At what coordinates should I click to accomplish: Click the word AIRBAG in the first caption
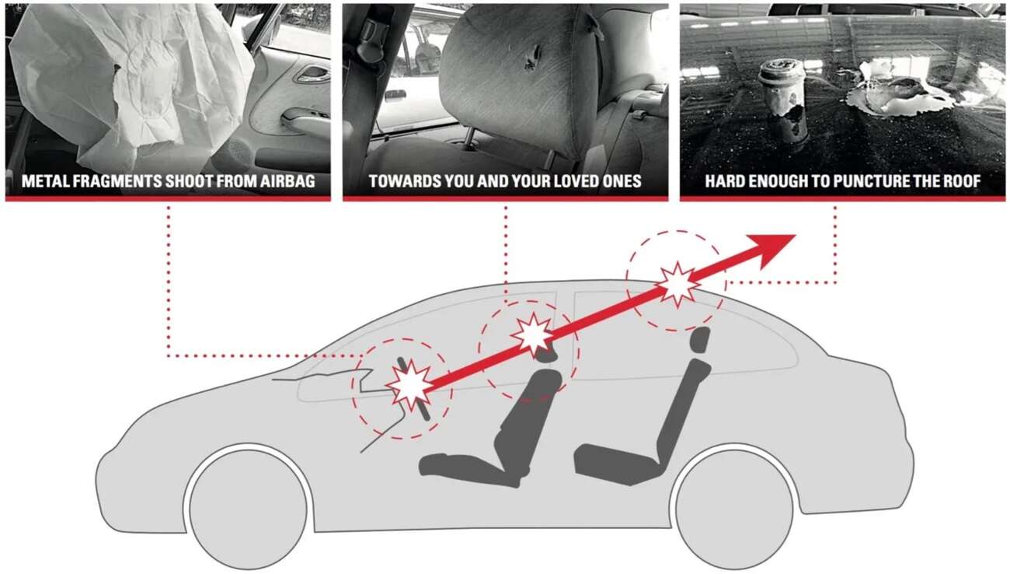click(x=287, y=181)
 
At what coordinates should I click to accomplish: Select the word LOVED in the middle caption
click(x=576, y=181)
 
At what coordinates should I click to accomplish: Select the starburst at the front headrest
click(x=534, y=334)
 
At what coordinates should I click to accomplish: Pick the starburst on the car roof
click(x=677, y=285)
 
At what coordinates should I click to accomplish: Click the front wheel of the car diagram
click(x=248, y=509)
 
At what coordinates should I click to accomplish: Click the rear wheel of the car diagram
click(x=734, y=509)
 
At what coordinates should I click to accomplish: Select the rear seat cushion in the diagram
click(x=620, y=464)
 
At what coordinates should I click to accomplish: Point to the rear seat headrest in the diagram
click(x=700, y=339)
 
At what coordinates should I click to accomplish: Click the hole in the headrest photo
click(x=533, y=58)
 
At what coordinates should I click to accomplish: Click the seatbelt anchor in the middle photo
click(x=372, y=34)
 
